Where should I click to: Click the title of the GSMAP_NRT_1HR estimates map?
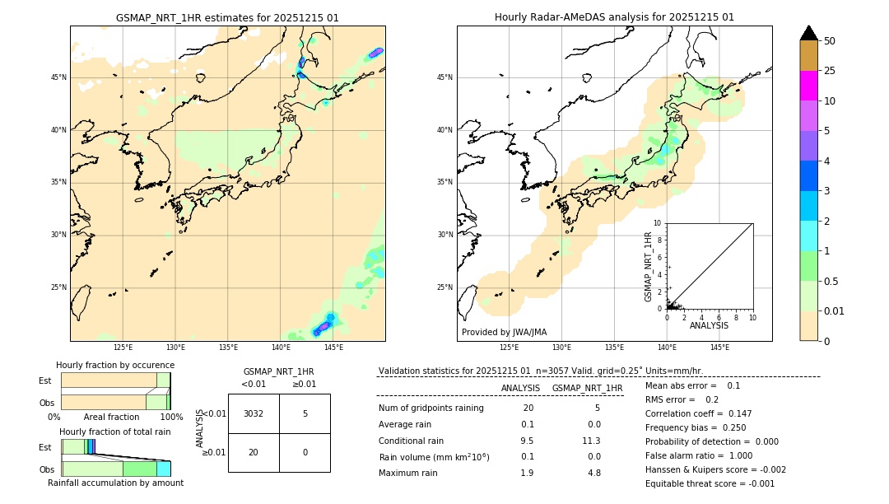[x=227, y=17]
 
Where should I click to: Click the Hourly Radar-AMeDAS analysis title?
[x=614, y=17]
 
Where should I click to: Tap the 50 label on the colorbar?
[x=830, y=41]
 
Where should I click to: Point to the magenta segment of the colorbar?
[x=808, y=86]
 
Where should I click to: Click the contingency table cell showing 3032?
[x=254, y=413]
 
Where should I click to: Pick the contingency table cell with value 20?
[x=254, y=452]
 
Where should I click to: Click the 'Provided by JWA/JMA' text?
[x=504, y=332]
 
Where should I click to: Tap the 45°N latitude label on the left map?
[x=58, y=77]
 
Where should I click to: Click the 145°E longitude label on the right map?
[x=719, y=348]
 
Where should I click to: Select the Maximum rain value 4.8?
[x=593, y=473]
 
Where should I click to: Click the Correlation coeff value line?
[x=698, y=413]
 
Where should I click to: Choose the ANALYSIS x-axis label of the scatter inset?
[x=709, y=325]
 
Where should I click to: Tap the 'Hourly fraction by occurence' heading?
[x=115, y=365]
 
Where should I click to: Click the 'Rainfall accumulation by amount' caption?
[x=115, y=483]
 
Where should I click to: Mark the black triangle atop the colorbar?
[x=808, y=33]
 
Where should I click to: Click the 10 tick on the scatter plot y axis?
[x=658, y=223]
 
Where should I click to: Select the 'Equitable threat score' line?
[x=710, y=483]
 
